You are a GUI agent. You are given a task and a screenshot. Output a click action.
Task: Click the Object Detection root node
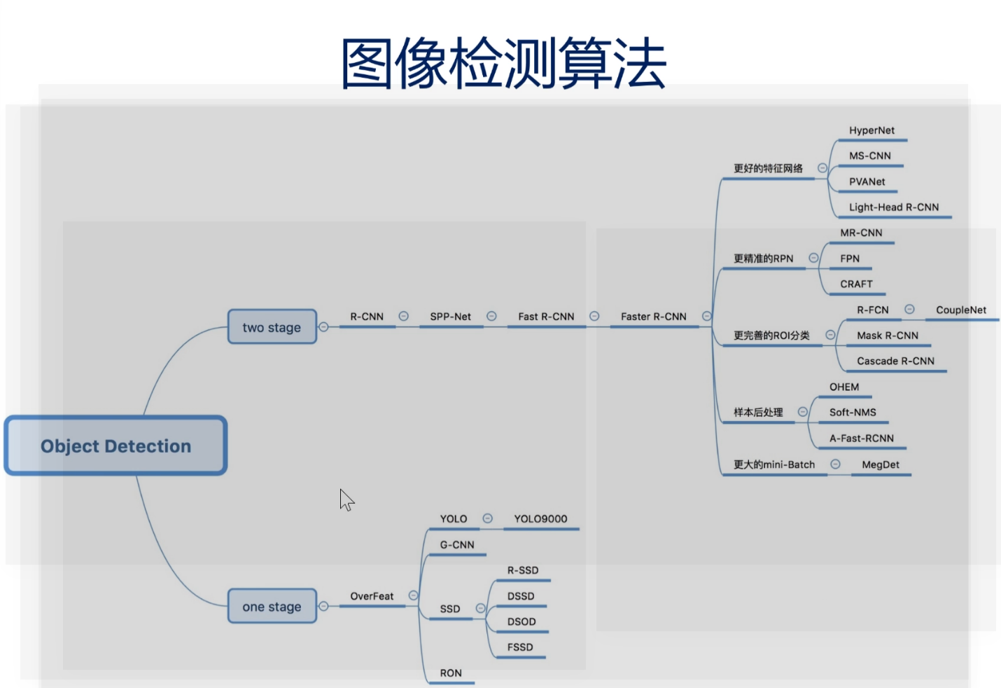[115, 446]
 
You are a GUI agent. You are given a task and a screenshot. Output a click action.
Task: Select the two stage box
[272, 327]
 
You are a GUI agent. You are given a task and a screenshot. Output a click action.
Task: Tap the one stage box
[272, 607]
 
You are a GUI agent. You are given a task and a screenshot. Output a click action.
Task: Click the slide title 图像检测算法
[503, 64]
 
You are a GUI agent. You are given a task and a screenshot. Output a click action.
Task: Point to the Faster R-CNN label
[653, 317]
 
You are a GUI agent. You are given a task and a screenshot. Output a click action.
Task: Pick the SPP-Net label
[450, 317]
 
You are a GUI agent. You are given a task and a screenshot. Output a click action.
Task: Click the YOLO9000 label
[540, 519]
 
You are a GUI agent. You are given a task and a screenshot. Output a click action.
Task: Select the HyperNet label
[871, 130]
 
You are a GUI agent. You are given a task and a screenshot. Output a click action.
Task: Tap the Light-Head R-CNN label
[894, 207]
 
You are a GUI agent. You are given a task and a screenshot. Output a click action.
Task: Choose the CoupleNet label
[960, 310]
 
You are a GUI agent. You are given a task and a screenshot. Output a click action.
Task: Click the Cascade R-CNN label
[895, 361]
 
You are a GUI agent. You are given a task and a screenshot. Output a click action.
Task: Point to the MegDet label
[881, 465]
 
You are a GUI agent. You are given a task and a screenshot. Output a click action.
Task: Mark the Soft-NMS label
[853, 413]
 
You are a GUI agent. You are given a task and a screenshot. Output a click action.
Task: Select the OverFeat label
[372, 596]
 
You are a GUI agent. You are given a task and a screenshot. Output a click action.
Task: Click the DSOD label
[521, 621]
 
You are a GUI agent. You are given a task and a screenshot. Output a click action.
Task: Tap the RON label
[451, 673]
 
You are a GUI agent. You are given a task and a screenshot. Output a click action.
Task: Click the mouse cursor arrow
[346, 500]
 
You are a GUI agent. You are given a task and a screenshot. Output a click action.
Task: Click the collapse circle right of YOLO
[488, 518]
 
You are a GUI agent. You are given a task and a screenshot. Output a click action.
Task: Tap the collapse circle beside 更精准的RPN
[813, 258]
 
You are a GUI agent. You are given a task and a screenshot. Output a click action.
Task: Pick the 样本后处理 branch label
[758, 413]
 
